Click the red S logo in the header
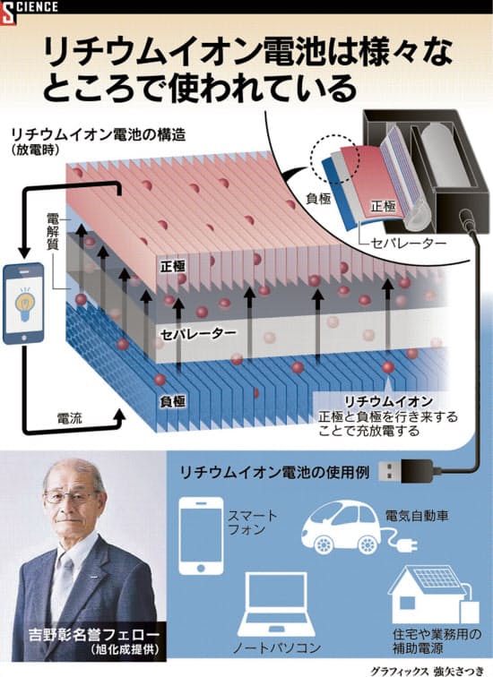click(x=8, y=13)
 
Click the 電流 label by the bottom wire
click(x=70, y=418)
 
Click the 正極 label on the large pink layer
click(x=173, y=266)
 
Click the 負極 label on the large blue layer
click(x=173, y=401)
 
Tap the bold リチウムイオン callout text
click(x=388, y=401)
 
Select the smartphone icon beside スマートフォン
click(x=201, y=536)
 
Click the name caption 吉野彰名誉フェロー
click(x=93, y=634)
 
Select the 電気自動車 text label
click(x=417, y=516)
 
